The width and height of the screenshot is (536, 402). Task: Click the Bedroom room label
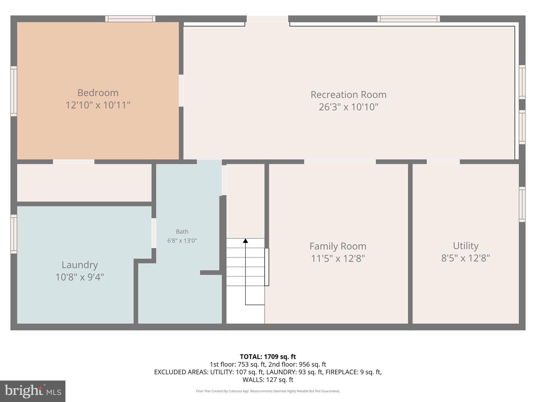coord(98,93)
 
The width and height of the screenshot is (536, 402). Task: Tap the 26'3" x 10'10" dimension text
coord(348,107)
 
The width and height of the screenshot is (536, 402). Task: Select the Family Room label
coord(338,246)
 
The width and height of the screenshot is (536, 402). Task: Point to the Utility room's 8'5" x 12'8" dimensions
coord(465,258)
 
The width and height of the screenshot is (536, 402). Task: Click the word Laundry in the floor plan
coord(80,265)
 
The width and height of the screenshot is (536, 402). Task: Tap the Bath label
coord(182,232)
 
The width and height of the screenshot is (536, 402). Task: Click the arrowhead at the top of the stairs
coord(245,241)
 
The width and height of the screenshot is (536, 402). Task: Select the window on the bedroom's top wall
coord(130,19)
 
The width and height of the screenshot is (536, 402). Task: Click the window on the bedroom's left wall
coord(14,91)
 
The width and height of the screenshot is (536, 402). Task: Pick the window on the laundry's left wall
coord(14,234)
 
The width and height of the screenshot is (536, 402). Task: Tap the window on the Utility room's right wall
coord(522,204)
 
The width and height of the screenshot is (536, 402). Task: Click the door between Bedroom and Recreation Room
coord(181,91)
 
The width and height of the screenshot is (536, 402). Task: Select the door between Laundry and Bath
coord(154,233)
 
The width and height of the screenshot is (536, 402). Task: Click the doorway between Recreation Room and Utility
coord(443,162)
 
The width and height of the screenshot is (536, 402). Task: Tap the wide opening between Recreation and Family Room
coord(340,162)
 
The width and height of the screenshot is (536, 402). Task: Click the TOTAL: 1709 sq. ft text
coord(268,357)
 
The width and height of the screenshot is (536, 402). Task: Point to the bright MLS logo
coord(33,391)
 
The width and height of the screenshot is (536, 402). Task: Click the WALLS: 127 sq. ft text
coord(268,379)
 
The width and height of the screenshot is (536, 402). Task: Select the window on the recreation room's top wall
coord(408,19)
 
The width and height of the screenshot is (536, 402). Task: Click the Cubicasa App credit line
coord(268,391)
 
